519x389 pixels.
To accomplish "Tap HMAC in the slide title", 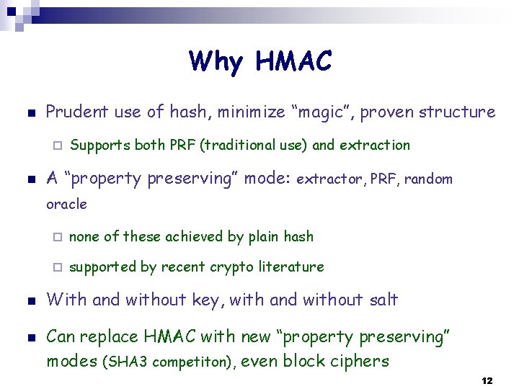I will point(293,62).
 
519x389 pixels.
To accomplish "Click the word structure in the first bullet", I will point(458,112).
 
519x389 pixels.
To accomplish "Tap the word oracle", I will point(66,205).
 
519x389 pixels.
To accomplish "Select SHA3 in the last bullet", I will point(123,362).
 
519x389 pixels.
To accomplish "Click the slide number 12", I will point(487,380).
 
